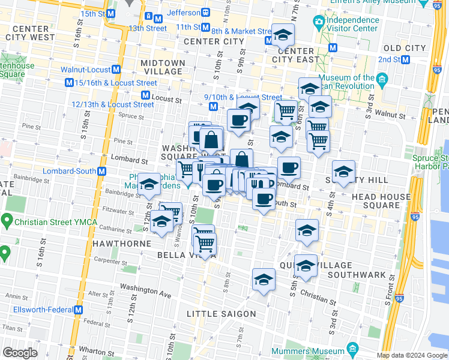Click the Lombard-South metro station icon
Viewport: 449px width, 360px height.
click(x=102, y=172)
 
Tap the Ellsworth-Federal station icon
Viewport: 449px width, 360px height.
click(x=78, y=310)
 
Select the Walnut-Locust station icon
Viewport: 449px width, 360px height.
click(x=116, y=70)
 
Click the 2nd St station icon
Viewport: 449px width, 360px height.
click(x=406, y=59)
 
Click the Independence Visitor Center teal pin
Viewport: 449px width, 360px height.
click(x=319, y=22)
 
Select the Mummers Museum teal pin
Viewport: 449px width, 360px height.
click(x=352, y=349)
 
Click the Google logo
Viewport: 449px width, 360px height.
click(x=20, y=352)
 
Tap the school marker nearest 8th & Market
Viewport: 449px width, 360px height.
click(x=282, y=35)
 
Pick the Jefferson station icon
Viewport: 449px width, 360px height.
click(x=206, y=12)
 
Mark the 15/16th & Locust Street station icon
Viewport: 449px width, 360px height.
click(x=70, y=83)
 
